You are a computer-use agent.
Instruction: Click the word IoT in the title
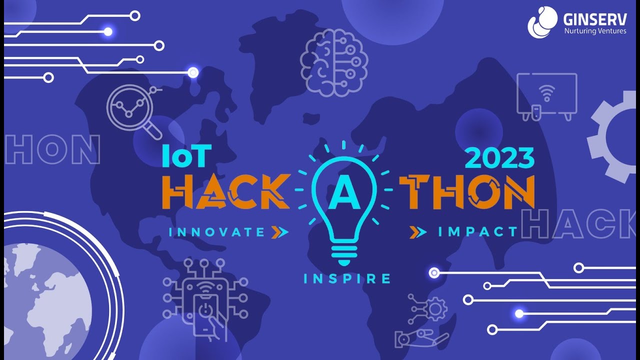(x=184, y=157)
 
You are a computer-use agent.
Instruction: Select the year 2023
(x=499, y=158)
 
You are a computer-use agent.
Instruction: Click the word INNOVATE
(x=217, y=232)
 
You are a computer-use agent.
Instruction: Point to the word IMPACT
(x=477, y=231)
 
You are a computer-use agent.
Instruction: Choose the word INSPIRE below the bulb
(x=346, y=278)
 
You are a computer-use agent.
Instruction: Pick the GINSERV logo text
(x=594, y=20)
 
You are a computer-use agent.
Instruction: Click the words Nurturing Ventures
(x=594, y=31)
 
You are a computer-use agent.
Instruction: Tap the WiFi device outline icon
(x=547, y=96)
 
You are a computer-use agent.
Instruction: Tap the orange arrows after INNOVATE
(x=279, y=231)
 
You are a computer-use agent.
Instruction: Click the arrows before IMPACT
(x=418, y=231)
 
